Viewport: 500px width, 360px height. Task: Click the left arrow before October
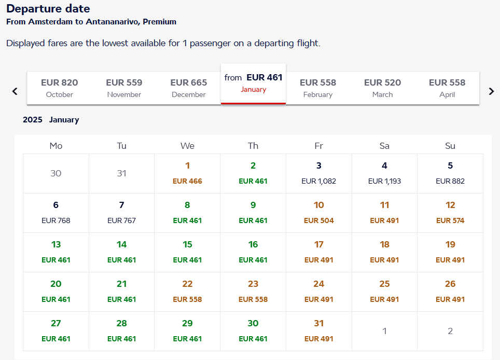click(15, 91)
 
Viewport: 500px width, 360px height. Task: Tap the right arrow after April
click(491, 91)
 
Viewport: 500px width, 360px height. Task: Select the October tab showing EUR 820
click(59, 88)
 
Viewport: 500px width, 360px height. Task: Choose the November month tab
click(124, 88)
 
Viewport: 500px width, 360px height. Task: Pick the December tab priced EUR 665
click(189, 88)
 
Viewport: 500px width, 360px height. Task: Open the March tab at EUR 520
click(382, 88)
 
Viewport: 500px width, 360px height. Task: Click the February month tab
click(318, 88)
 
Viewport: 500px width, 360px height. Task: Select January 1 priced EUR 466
click(187, 173)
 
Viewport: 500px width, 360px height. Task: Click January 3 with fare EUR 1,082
click(318, 173)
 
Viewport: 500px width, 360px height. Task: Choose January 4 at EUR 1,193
click(384, 173)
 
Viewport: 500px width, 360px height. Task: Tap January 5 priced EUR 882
click(450, 173)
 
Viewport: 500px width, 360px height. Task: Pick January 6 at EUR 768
click(56, 213)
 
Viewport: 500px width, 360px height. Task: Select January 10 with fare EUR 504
click(318, 213)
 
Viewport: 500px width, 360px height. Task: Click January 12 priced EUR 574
click(450, 213)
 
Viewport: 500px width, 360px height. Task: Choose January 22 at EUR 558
click(187, 292)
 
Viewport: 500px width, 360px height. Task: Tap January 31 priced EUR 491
click(318, 331)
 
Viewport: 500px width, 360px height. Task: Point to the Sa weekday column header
click(384, 146)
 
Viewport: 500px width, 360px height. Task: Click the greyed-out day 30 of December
click(56, 173)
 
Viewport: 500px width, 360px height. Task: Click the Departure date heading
click(48, 9)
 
